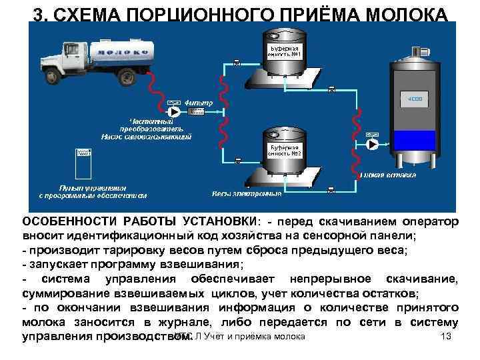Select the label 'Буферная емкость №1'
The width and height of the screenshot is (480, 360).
click(x=285, y=51)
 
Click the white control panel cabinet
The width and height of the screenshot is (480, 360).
click(x=83, y=161)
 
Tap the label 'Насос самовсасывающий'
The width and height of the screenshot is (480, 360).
click(x=147, y=136)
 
